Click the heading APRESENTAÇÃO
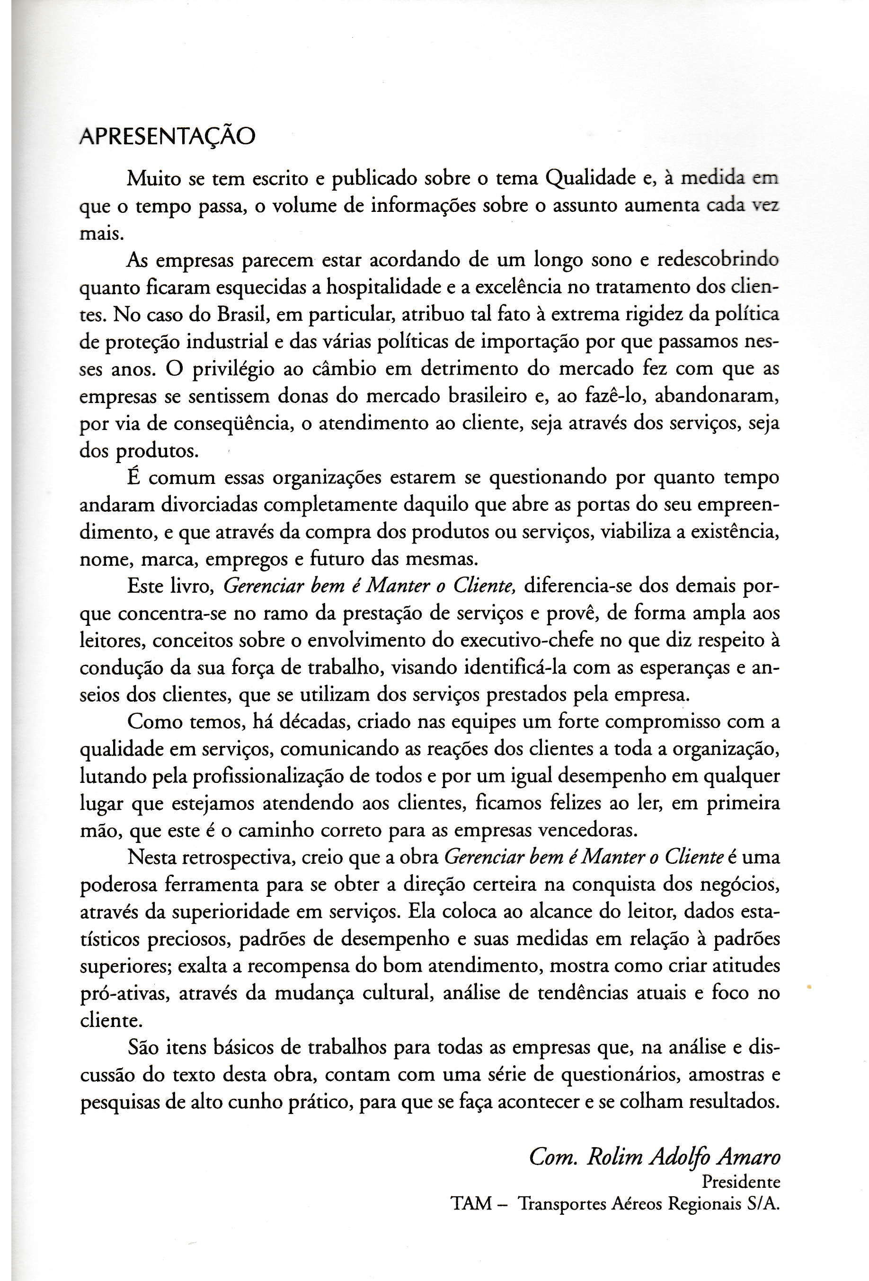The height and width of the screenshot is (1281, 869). click(x=168, y=137)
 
